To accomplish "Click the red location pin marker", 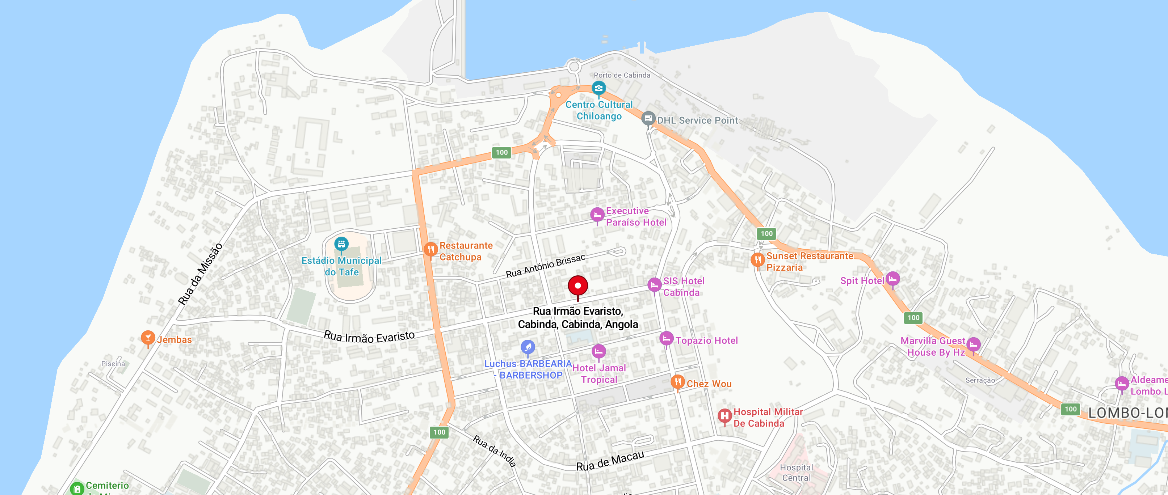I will click(x=577, y=286).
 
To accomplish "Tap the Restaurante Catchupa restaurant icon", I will click(x=430, y=249).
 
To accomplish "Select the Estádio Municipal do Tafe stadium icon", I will click(x=341, y=244).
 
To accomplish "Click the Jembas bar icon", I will click(x=147, y=337).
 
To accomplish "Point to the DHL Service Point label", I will click(x=697, y=120).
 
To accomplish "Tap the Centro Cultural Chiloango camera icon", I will click(x=598, y=88).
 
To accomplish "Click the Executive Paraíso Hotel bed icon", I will click(x=597, y=214).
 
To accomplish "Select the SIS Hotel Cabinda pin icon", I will click(x=654, y=285).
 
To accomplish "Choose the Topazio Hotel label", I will click(x=706, y=340).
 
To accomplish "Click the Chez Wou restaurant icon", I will click(x=677, y=382).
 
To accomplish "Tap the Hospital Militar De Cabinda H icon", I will click(x=724, y=415).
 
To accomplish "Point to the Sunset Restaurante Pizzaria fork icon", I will click(x=757, y=260).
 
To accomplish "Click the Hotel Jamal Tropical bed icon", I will click(x=598, y=351).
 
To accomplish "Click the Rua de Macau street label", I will click(x=610, y=461).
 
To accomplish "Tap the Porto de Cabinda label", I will click(x=622, y=75).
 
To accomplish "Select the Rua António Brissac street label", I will click(x=546, y=266).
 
